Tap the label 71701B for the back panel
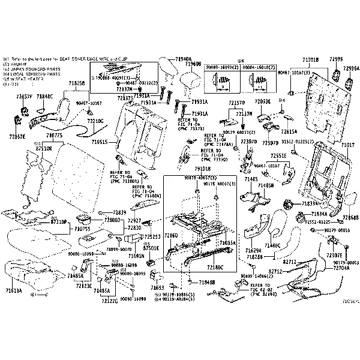pos(310,61)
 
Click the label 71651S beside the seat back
pos(100,143)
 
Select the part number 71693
pos(157,287)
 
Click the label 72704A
pos(341,269)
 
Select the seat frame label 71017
pos(348,146)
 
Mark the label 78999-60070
pos(117,248)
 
